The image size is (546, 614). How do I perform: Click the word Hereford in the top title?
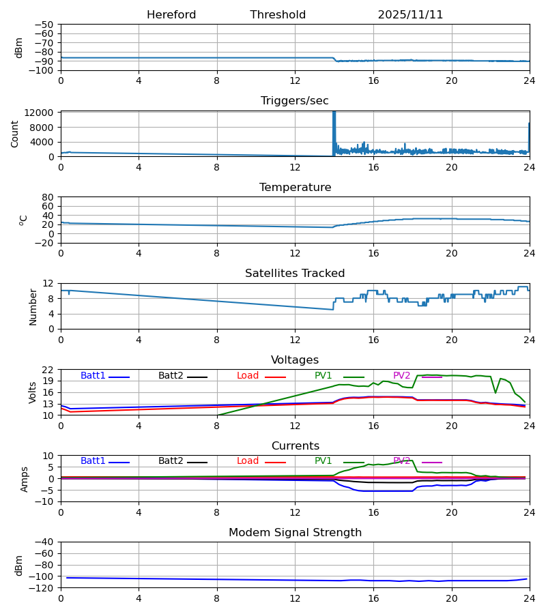171,15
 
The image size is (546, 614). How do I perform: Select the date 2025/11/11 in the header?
410,15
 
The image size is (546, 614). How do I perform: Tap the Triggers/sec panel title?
295,101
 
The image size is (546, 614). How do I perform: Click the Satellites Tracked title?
295,274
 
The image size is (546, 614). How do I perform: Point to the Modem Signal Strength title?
295,533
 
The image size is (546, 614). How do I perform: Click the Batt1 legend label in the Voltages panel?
93,376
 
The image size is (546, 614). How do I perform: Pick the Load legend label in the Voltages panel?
248,376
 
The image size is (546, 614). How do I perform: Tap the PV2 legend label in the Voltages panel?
402,376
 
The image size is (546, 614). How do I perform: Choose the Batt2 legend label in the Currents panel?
171,461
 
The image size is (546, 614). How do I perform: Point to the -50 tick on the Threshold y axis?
47,25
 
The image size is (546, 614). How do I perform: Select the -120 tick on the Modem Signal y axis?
44,587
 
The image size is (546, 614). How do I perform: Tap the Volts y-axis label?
33,392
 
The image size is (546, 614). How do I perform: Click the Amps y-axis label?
25,479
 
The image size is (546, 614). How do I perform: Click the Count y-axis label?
15,134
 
